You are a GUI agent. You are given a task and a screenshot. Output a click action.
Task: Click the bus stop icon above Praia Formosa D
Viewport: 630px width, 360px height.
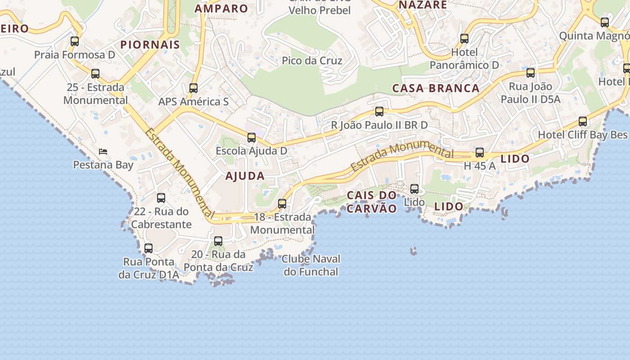75,41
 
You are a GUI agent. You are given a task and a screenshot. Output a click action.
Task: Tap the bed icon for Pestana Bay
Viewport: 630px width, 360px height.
103,152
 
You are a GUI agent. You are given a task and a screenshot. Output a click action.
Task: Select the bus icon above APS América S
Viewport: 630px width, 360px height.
193,88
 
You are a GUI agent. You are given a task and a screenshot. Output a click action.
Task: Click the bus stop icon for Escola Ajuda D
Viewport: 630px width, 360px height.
252,138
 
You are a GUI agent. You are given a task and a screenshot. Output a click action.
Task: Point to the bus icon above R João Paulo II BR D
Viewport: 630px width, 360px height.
379,112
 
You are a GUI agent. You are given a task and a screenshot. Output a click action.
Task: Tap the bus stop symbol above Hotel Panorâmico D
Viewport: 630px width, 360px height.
464,39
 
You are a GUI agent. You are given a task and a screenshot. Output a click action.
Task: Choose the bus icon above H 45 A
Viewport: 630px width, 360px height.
480,153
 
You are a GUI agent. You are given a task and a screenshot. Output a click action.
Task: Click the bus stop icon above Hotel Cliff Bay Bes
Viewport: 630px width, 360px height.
583,121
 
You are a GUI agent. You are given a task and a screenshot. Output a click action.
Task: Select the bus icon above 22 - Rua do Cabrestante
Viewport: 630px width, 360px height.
161,198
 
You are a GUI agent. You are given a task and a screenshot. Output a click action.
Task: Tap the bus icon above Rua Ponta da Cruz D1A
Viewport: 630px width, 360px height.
148,248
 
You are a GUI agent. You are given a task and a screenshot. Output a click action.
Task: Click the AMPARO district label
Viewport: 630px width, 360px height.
221,9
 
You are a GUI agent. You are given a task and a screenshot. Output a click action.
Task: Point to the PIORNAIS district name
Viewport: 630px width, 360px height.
150,45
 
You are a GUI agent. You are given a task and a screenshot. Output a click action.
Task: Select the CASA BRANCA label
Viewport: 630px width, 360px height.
436,88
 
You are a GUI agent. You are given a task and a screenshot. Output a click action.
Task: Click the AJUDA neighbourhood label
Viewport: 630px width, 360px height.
245,176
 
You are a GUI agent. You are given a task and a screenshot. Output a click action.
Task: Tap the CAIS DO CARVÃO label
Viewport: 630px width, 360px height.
372,202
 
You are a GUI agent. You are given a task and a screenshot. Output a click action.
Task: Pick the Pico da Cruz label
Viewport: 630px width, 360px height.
312,61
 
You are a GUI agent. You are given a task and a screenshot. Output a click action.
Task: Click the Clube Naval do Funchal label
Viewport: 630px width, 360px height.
311,265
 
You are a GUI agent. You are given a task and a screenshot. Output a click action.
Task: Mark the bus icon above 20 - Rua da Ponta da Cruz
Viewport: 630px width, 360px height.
218,241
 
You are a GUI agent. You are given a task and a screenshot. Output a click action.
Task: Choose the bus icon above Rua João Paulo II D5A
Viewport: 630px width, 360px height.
531,73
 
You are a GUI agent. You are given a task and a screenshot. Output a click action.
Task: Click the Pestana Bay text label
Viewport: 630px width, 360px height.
103,165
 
